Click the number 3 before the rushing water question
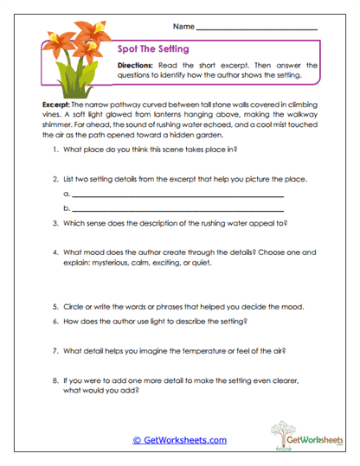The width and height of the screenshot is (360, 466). tap(55, 223)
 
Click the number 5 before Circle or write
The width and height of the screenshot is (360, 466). tap(55, 306)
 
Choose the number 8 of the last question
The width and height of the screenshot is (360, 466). tap(55, 380)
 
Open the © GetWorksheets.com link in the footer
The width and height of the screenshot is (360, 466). tap(179, 440)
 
